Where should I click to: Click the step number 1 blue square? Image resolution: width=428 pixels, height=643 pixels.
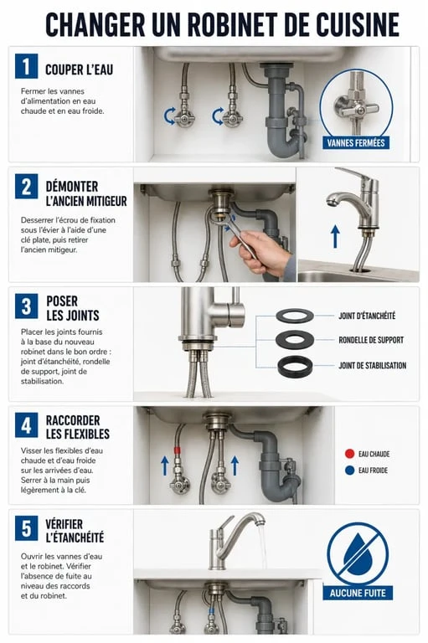[x=26, y=66]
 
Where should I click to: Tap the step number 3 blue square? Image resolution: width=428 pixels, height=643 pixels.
[x=26, y=306]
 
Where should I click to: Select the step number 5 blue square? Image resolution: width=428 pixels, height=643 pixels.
[x=26, y=528]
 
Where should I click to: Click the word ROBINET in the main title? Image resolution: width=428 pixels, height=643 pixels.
[x=233, y=24]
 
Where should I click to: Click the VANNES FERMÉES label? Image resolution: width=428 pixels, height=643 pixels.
[x=356, y=143]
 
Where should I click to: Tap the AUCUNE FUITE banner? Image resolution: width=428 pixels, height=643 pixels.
[x=358, y=593]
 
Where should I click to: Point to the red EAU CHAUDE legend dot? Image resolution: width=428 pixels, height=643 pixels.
[x=349, y=454]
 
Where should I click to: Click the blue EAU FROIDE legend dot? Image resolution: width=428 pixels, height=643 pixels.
[x=349, y=471]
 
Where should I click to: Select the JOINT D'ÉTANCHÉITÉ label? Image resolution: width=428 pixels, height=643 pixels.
[x=367, y=316]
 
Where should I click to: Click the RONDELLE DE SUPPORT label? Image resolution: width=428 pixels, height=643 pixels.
[x=371, y=340]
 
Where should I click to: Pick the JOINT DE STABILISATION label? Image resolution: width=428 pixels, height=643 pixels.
[x=372, y=365]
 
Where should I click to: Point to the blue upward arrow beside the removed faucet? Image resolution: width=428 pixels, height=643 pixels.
[x=335, y=237]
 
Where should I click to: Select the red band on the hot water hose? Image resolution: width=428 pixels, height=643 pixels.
[x=178, y=450]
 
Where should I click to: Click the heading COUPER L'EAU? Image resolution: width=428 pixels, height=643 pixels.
[x=79, y=69]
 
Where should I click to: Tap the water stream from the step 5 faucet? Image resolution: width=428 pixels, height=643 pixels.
[x=262, y=546]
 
